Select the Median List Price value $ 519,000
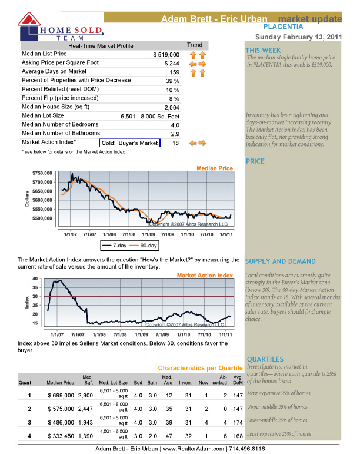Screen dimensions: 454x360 166,54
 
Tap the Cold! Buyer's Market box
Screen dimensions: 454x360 129,143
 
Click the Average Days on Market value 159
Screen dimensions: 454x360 174,72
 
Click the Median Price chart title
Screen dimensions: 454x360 215,168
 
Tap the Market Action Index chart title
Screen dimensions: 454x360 205,276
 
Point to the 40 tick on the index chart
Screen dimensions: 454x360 35,279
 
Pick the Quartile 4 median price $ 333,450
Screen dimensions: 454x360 61,436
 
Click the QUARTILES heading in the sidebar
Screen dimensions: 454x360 265,359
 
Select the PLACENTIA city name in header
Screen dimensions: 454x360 283,27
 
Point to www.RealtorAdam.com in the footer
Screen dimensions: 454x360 199,449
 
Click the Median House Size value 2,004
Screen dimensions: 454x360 172,108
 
